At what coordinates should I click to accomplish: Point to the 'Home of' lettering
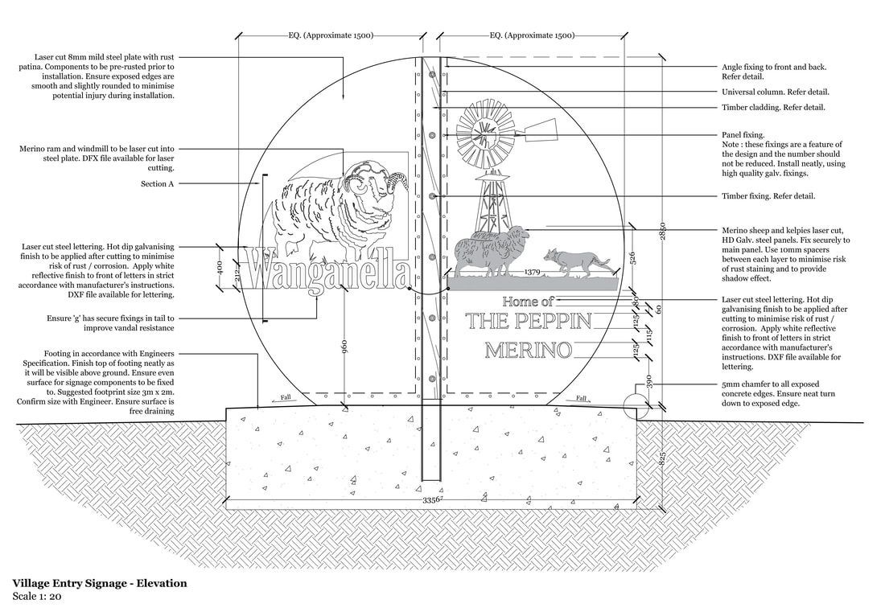point(528,302)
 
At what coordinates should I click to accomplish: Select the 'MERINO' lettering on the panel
point(529,351)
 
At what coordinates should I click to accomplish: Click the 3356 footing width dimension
point(433,501)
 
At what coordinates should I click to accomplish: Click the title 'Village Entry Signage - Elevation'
point(100,583)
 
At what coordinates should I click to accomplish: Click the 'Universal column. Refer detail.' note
point(776,92)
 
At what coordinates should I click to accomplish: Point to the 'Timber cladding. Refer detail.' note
point(773,107)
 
